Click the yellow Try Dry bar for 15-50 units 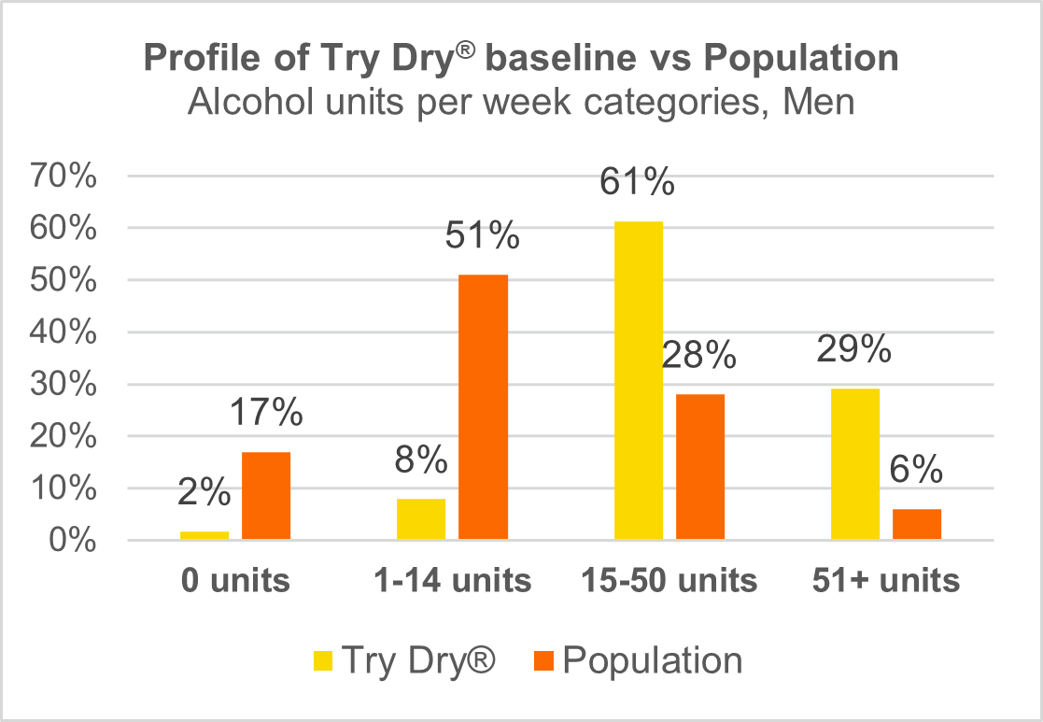click(x=639, y=380)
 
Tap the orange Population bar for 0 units click(x=266, y=495)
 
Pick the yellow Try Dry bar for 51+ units click(x=855, y=463)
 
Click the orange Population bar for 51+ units click(x=916, y=524)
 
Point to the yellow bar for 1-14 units click(x=421, y=518)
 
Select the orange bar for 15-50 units click(x=700, y=466)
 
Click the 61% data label click(x=638, y=182)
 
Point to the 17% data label click(x=266, y=413)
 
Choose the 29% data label click(x=854, y=349)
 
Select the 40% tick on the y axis click(x=66, y=333)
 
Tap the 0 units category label click(x=235, y=581)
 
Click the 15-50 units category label click(x=669, y=581)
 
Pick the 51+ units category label click(x=886, y=581)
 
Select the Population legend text click(x=653, y=661)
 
